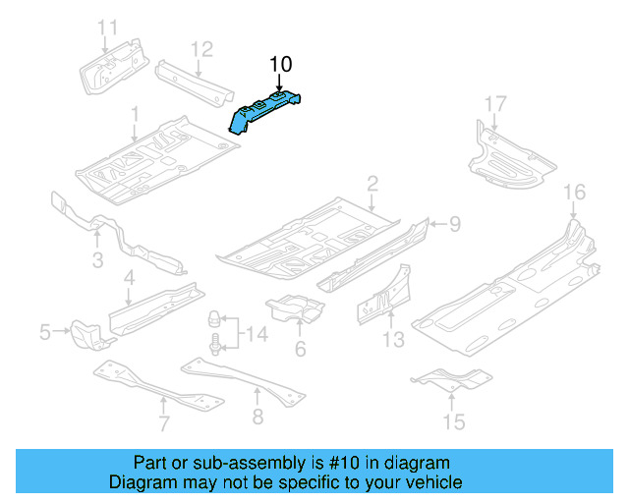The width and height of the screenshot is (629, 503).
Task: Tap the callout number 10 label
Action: coord(281,65)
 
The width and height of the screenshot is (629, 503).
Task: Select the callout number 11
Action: coord(108,27)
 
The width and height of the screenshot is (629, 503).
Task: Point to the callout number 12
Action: coord(200,48)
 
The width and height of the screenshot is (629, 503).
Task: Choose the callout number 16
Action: coord(574,192)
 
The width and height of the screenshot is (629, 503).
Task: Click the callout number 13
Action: coord(393,340)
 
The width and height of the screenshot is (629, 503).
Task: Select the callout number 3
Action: coord(97,259)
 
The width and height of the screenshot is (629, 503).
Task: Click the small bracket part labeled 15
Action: coord(450,378)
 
